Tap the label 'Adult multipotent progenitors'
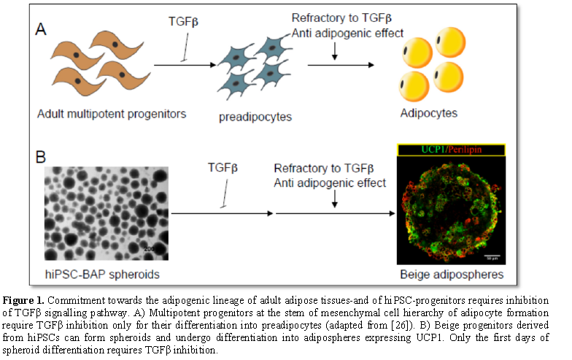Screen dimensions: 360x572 (111, 113)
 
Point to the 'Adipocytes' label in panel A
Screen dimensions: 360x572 (429, 113)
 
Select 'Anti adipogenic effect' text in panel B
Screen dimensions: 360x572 (330, 182)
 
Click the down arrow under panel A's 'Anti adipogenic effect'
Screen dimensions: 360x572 (335, 50)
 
